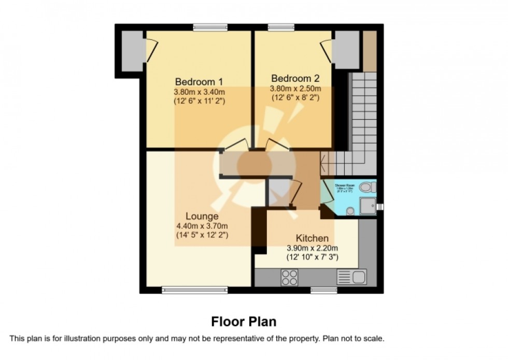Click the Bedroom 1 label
[199, 81]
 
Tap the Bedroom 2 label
[295, 78]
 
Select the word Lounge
[202, 216]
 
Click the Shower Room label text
[344, 185]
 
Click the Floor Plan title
[244, 321]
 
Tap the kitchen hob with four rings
[290, 277]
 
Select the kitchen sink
[352, 277]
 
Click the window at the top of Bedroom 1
[210, 27]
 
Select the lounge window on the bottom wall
[194, 290]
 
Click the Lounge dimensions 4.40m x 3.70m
[202, 226]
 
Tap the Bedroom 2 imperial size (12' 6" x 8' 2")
[295, 97]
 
